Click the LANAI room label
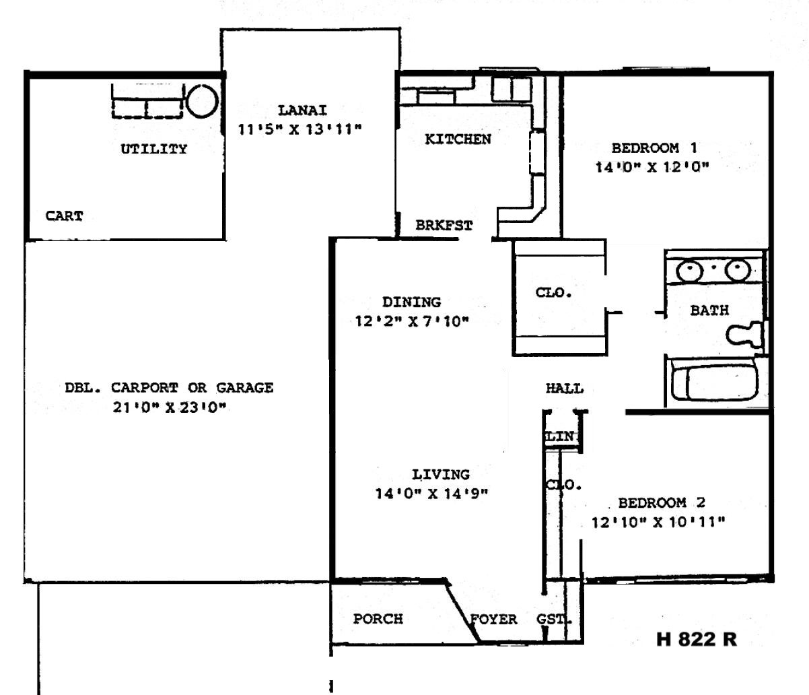point(302,110)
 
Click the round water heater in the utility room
point(202,101)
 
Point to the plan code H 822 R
point(697,639)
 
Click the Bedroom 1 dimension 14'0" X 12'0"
point(652,168)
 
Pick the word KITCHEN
point(458,139)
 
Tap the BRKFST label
point(444,226)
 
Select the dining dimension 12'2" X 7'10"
point(412,321)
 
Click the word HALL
point(565,389)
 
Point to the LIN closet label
point(560,436)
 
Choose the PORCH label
point(378,619)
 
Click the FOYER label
point(493,620)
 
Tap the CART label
point(64,216)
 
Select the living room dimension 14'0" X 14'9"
point(431,494)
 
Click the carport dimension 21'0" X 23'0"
point(170,407)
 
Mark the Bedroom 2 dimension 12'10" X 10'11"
point(658,523)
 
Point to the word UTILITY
point(154,149)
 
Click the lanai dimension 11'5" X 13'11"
point(300,129)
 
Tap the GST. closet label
point(554,619)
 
